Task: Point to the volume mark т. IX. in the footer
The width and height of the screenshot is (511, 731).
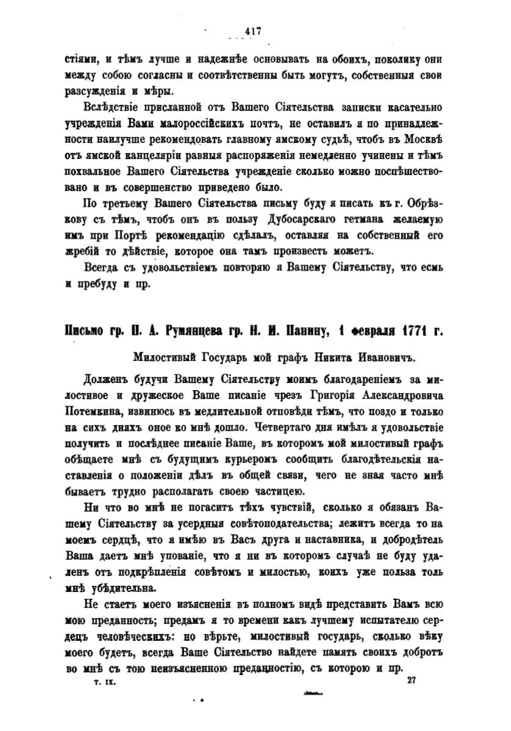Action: click(100, 683)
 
